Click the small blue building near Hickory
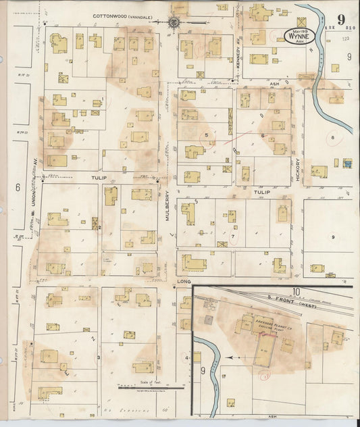tap(347, 164)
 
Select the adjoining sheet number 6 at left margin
tap(19, 187)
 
